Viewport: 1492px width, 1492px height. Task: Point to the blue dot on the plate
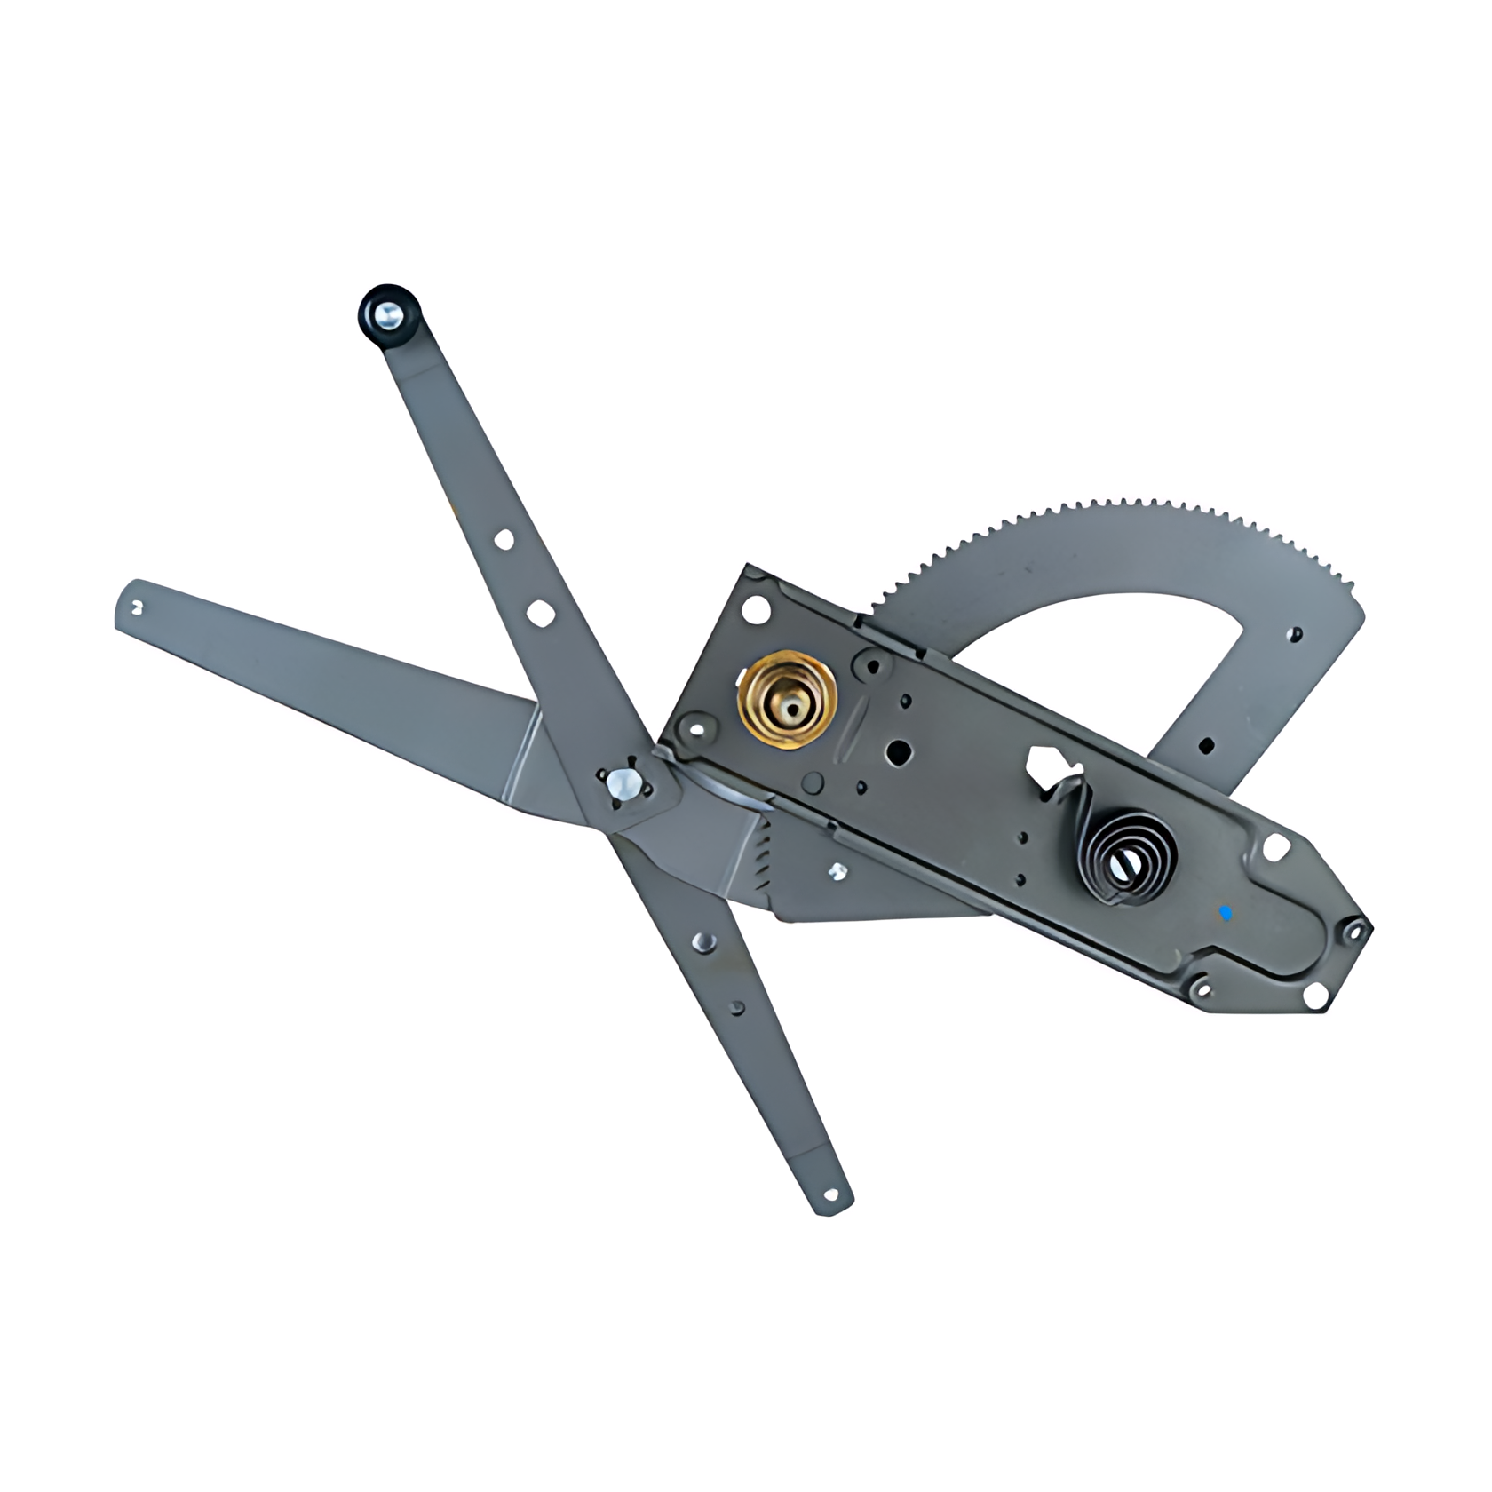click(x=1226, y=912)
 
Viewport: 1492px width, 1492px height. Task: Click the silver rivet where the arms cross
click(x=625, y=782)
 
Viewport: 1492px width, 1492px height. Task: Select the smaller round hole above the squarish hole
click(x=504, y=538)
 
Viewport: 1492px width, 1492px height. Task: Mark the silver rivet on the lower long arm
click(x=702, y=941)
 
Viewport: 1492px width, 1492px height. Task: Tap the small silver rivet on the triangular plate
click(x=836, y=873)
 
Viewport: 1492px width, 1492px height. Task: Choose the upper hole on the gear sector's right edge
click(x=1298, y=635)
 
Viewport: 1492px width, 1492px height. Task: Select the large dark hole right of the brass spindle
click(x=899, y=752)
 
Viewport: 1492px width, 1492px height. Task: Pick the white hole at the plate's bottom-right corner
click(x=1314, y=996)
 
